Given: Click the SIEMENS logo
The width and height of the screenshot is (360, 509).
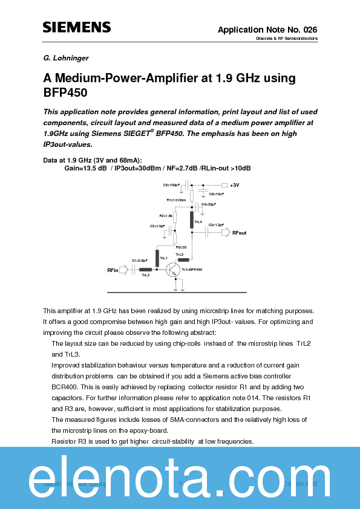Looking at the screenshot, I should tap(76, 27).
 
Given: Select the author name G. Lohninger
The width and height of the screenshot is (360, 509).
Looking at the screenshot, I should tap(67, 58).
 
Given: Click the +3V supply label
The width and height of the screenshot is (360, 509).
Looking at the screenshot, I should tap(235, 185).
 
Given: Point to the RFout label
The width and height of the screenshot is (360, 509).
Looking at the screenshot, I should tap(240, 233).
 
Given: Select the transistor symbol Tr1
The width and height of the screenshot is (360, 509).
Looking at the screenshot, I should tap(175, 270).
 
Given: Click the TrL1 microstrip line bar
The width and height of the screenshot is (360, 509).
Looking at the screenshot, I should tap(157, 258).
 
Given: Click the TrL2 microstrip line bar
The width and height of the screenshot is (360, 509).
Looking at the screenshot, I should tap(145, 270).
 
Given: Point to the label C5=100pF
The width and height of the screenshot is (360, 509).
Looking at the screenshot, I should tap(171, 185).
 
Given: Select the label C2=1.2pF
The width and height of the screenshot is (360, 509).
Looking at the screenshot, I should tap(216, 224).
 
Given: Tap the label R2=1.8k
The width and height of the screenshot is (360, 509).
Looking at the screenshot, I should tap(166, 215).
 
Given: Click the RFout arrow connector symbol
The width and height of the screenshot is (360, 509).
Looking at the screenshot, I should tap(225, 233).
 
